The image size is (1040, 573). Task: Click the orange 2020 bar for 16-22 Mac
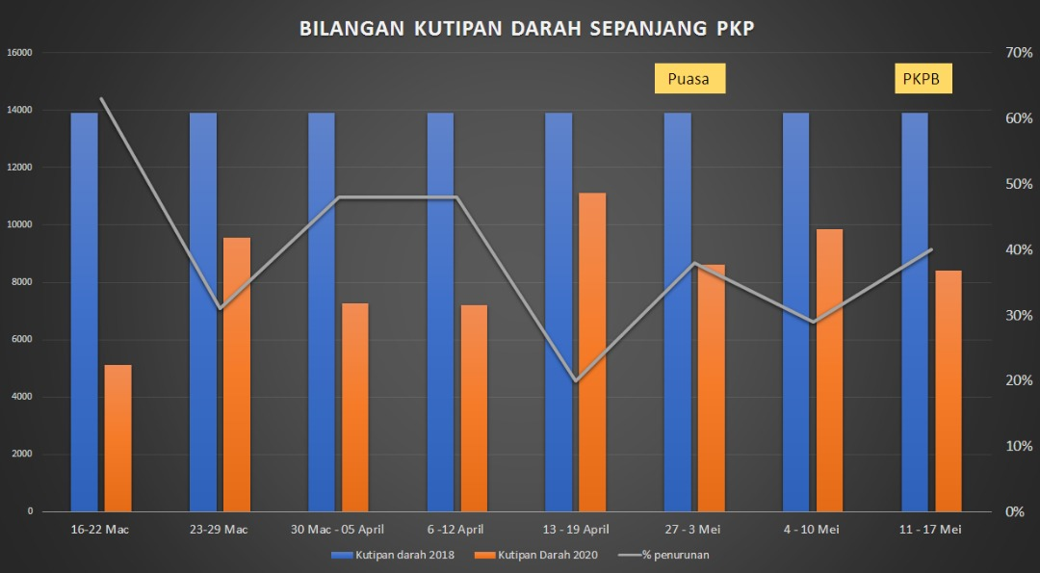(117, 438)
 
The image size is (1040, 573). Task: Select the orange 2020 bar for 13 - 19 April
(592, 352)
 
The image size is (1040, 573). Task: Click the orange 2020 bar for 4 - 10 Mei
(829, 370)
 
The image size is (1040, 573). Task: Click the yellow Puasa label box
(689, 79)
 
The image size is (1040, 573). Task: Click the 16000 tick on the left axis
(20, 52)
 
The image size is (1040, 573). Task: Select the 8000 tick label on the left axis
(22, 282)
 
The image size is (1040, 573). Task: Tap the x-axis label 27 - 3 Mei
(693, 529)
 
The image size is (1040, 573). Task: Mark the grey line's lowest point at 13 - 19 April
(576, 381)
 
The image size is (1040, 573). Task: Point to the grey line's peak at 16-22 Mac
(102, 98)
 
